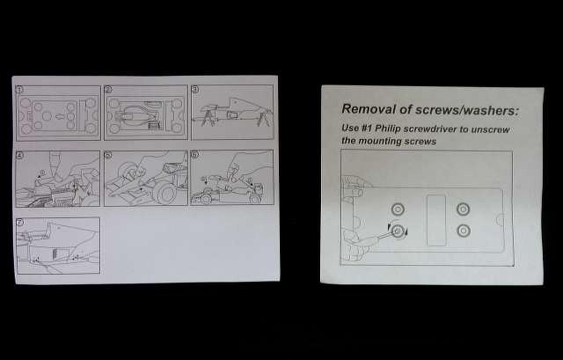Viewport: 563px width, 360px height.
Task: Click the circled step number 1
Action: (20, 89)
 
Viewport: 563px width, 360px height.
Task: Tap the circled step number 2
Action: (109, 89)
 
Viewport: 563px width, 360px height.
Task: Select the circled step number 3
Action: (195, 89)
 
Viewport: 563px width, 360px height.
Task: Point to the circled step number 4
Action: (20, 155)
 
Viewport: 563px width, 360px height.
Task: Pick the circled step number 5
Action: (108, 155)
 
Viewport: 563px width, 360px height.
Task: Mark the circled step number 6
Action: (195, 154)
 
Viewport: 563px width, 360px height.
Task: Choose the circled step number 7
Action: (20, 222)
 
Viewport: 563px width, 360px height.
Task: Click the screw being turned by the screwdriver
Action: (398, 231)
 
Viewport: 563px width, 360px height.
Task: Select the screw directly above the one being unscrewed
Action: (398, 209)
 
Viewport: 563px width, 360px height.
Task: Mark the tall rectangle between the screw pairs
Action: (436, 220)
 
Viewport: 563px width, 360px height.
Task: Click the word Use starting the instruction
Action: (350, 128)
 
